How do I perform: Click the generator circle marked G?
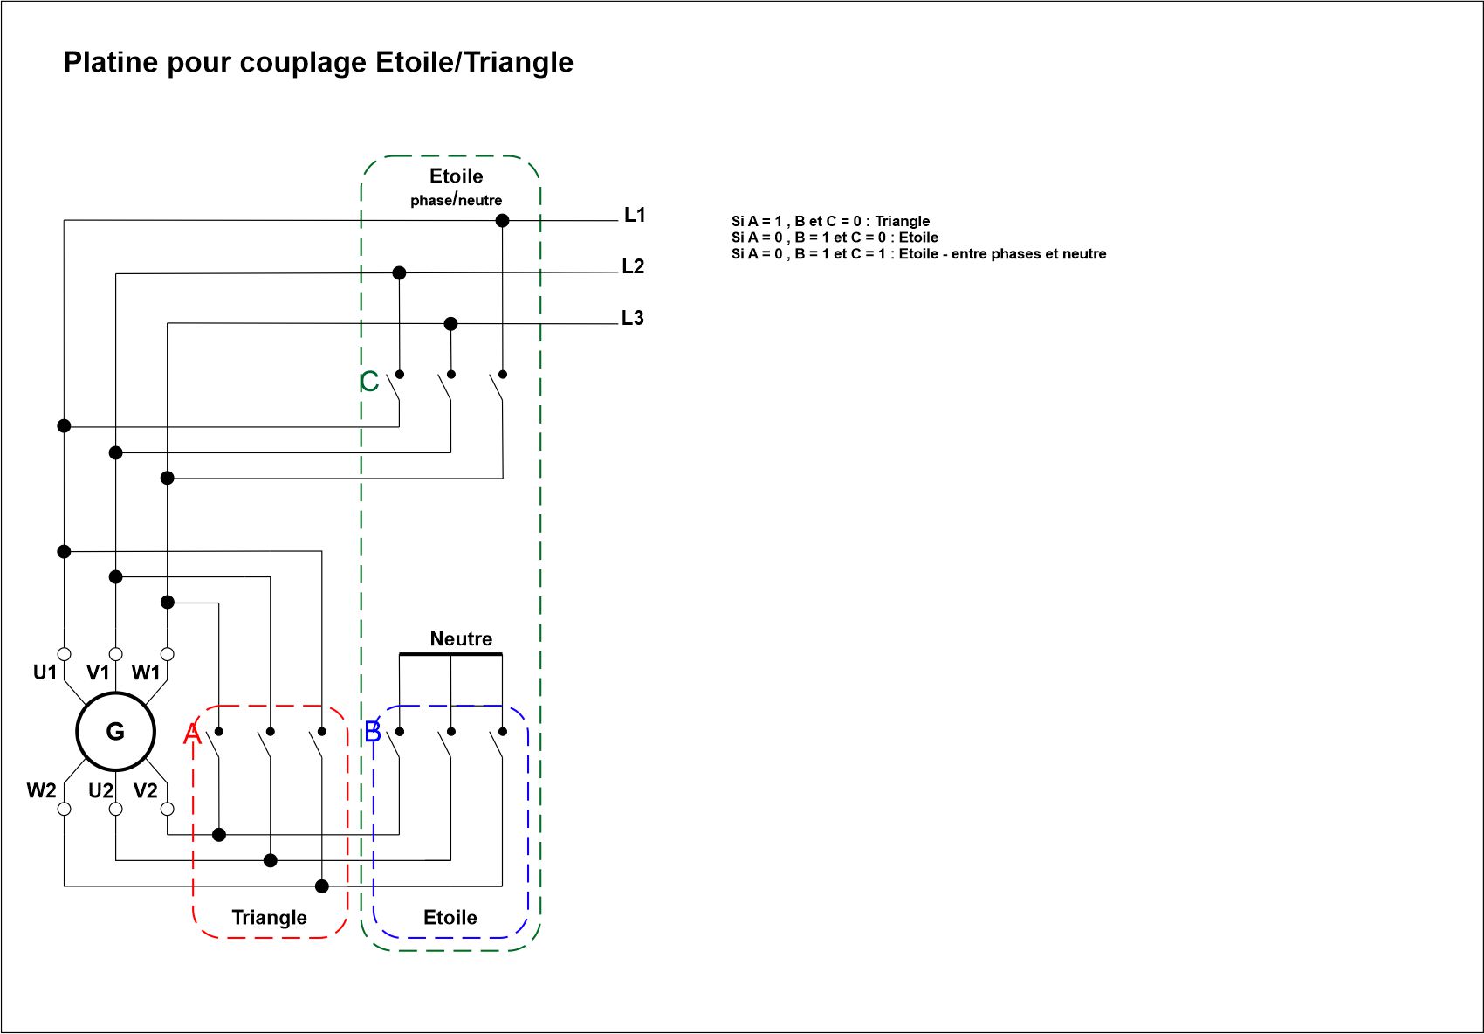tap(115, 732)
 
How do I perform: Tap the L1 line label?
tap(635, 215)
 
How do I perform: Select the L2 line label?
tap(633, 266)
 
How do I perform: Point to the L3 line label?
tap(633, 318)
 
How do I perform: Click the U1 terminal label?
tap(45, 672)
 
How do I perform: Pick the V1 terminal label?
tap(98, 672)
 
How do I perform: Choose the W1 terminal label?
tap(146, 672)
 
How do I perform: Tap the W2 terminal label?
tap(41, 791)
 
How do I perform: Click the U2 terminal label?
tap(100, 791)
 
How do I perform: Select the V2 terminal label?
tap(146, 791)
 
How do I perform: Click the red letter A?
tap(192, 734)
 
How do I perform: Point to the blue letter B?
tap(373, 732)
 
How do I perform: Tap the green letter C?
tap(369, 382)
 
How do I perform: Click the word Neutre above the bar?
tap(461, 638)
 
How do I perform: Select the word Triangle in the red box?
tap(269, 917)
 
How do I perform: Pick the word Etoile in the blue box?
tap(450, 917)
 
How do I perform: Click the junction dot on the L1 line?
tap(502, 221)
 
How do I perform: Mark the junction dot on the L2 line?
tap(399, 273)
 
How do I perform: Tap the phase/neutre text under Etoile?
tap(457, 200)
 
